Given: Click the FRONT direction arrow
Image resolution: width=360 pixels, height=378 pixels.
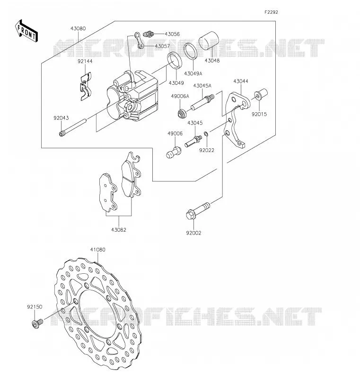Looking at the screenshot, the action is click(x=26, y=31).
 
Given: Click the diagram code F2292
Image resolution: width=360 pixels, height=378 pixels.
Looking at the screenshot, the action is click(x=271, y=12).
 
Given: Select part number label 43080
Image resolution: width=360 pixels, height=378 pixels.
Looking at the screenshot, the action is click(x=78, y=28).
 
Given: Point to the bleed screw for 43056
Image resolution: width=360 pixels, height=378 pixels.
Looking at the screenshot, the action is click(x=148, y=34).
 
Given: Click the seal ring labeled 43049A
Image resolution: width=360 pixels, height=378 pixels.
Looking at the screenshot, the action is click(x=191, y=51).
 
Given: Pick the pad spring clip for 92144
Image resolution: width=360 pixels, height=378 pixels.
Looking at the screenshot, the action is click(x=86, y=86).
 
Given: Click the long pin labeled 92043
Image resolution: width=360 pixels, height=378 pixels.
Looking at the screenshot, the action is click(x=72, y=127).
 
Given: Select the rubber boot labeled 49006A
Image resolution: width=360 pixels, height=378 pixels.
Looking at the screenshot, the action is click(x=182, y=113).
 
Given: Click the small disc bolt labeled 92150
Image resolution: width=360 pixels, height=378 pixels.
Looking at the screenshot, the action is click(x=37, y=323).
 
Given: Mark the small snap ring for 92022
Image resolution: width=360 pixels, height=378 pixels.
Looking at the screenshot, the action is click(x=206, y=134).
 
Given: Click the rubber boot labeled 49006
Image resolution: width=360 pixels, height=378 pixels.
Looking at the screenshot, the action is click(x=174, y=153).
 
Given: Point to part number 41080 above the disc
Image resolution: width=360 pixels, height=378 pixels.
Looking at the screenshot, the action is click(x=98, y=250).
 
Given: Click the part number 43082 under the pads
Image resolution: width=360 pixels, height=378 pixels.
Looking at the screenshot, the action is click(x=119, y=230).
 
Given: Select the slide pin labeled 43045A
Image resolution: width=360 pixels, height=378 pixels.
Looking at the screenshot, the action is click(x=202, y=102).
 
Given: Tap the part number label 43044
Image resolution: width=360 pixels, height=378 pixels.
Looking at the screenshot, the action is click(x=241, y=81).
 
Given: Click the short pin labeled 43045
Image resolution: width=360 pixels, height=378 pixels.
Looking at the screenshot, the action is click(x=193, y=141).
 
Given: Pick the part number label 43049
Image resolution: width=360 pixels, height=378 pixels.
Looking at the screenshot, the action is click(x=176, y=83).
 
